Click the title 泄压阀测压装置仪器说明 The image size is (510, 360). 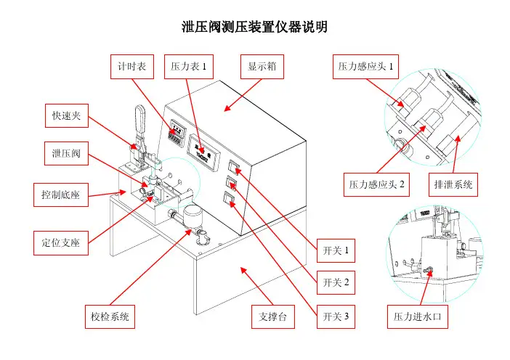[254, 28]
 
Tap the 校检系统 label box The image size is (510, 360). [110, 316]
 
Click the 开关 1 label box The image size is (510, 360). [336, 251]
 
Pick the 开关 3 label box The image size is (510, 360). [336, 316]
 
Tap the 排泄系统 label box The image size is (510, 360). [452, 184]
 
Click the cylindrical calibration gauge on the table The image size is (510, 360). [193, 216]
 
